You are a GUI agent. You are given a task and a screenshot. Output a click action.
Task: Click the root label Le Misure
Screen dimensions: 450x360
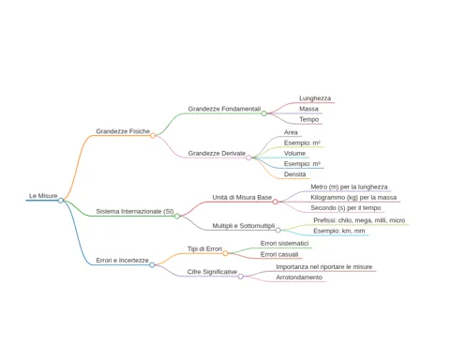43,196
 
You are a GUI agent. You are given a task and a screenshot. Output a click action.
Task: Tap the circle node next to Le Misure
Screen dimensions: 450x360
61,201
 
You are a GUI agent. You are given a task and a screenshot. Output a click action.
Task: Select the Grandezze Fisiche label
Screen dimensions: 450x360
123,131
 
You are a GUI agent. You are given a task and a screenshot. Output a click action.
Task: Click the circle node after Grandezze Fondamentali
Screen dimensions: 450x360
263,113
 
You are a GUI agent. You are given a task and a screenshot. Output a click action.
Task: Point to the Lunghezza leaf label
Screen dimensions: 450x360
315,98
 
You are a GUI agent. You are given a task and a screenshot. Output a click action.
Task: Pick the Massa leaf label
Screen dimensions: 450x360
308,109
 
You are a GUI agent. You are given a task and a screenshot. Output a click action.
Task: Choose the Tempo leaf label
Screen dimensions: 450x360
309,119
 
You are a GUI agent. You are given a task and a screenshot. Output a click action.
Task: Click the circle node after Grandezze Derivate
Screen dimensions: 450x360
248,157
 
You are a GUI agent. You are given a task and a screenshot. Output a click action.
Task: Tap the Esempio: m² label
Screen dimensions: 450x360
302,143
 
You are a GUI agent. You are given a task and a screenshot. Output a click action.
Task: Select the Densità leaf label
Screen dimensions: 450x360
294,174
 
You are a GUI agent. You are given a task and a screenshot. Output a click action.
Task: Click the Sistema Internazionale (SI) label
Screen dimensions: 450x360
135,212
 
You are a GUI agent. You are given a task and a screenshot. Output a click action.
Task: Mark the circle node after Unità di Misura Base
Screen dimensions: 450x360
275,202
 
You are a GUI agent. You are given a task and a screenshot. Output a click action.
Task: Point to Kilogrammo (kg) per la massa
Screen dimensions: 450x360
353,198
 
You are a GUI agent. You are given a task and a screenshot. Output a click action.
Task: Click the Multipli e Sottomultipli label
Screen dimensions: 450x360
244,226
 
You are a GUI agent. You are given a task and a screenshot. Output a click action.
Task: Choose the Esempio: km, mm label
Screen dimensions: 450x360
339,231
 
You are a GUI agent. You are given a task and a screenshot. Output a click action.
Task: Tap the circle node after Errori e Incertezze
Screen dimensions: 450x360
152,265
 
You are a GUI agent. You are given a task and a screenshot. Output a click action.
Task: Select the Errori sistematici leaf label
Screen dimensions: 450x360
284,244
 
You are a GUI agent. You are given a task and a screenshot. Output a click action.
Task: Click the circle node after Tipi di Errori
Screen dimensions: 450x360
225,253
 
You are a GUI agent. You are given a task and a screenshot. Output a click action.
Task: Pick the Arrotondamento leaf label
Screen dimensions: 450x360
299,277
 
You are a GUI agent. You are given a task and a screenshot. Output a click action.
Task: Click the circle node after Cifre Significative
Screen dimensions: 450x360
241,277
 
